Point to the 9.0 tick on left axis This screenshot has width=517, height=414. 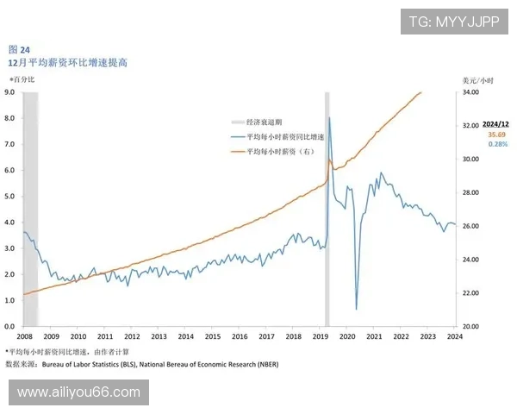(9, 91)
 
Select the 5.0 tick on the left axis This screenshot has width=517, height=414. (9, 196)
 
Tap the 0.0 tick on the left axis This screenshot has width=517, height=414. (9, 327)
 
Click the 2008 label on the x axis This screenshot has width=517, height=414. (24, 337)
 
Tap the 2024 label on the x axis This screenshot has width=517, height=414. (454, 337)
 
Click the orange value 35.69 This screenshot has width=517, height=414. (497, 135)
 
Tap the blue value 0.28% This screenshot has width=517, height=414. (497, 144)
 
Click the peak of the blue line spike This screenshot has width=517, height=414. (329, 117)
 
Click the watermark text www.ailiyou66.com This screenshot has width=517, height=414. (78, 392)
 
